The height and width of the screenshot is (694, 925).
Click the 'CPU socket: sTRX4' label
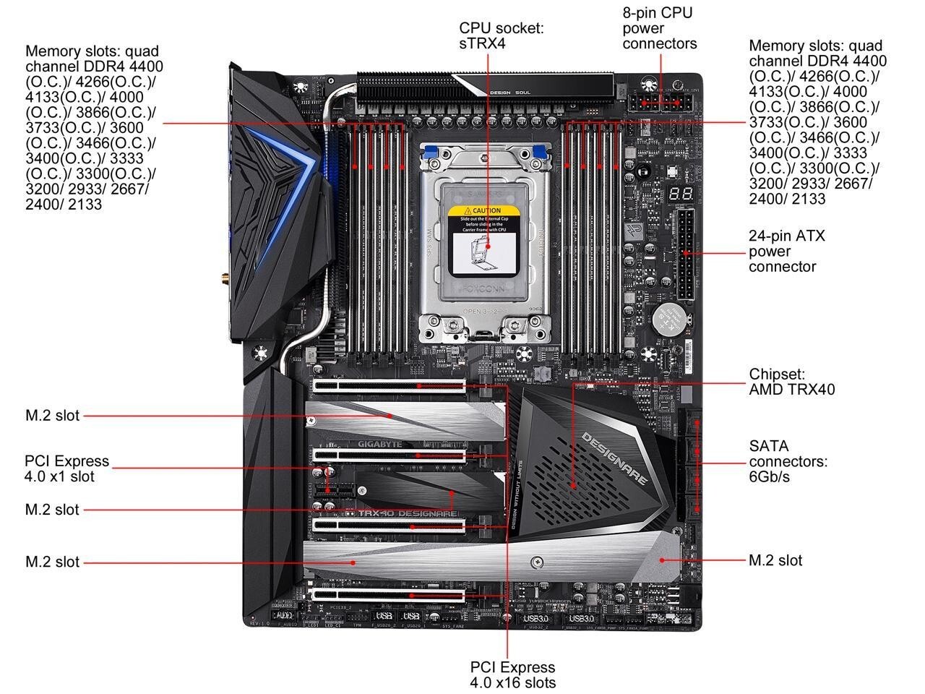(x=502, y=35)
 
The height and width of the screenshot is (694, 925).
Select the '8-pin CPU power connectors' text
(x=659, y=28)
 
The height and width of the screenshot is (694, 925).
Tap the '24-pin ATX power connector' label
(x=786, y=251)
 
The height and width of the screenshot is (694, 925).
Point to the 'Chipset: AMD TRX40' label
(x=791, y=382)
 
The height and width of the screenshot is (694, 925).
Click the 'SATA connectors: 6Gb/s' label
(x=788, y=461)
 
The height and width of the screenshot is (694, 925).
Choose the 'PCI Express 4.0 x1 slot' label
(x=66, y=468)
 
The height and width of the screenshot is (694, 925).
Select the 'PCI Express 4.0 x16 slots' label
(x=512, y=674)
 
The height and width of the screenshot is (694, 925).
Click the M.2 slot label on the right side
(x=775, y=560)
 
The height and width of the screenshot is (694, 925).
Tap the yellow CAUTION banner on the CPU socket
(x=484, y=211)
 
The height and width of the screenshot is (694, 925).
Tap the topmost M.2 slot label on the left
(x=52, y=416)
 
